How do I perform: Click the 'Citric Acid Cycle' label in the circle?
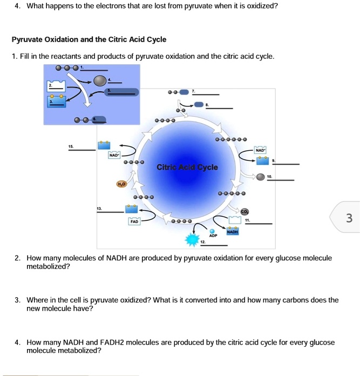(187, 167)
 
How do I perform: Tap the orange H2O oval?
(121, 184)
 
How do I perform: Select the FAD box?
(134, 221)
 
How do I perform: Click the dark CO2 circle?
(244, 211)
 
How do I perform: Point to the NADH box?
(233, 231)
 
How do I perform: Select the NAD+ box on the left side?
(114, 155)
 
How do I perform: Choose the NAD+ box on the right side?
(261, 149)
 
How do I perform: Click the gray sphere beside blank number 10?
(261, 177)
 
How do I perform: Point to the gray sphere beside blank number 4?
(100, 80)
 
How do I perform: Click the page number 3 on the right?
(349, 218)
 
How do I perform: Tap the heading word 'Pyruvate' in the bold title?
(28, 39)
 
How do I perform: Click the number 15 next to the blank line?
(71, 146)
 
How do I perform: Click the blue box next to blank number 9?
(262, 160)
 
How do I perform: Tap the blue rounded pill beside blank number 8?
(199, 104)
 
